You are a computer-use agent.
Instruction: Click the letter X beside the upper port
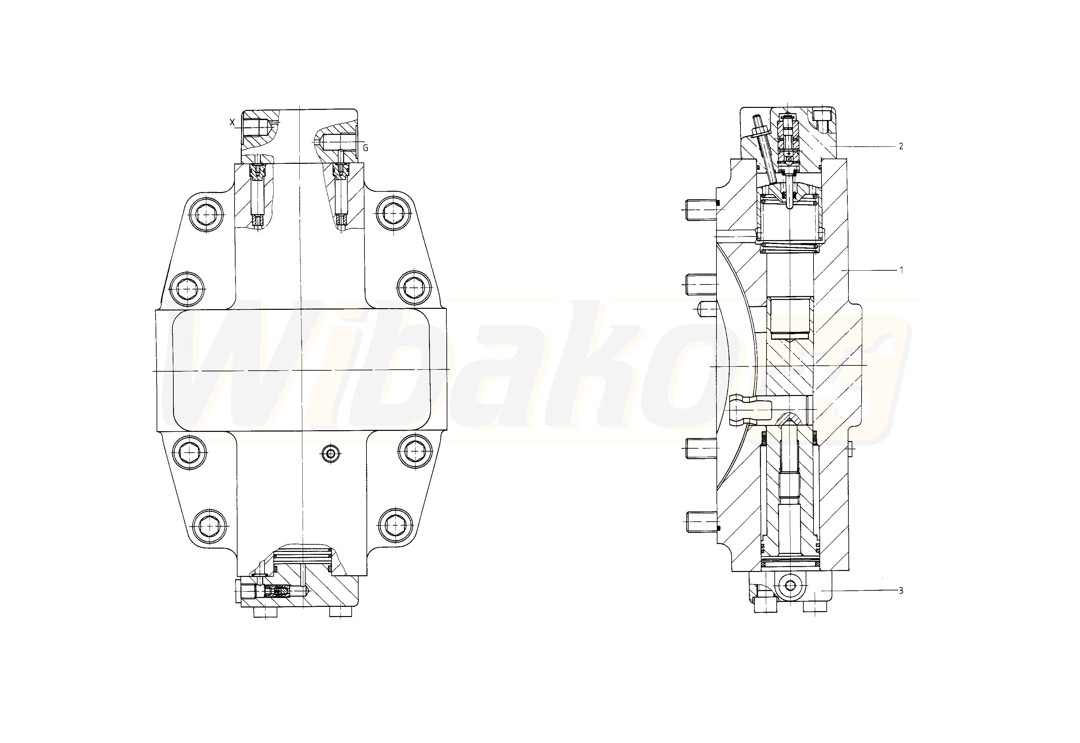pyautogui.click(x=232, y=122)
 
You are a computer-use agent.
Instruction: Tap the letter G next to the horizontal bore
pyautogui.click(x=365, y=148)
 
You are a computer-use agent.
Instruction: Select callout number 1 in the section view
pyautogui.click(x=901, y=270)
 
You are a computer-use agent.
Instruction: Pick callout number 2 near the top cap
pyautogui.click(x=901, y=146)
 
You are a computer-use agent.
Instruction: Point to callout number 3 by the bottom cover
pyautogui.click(x=901, y=591)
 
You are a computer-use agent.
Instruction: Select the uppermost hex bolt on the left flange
pyautogui.click(x=207, y=214)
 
